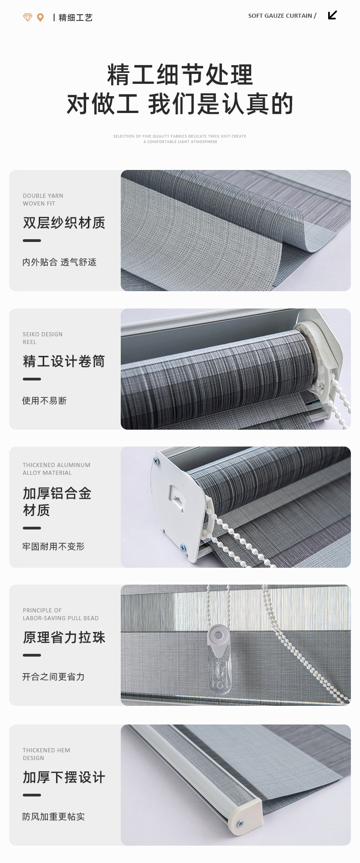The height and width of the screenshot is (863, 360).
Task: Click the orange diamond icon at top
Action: pos(28,17)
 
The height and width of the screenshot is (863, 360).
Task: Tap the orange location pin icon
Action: pos(40,17)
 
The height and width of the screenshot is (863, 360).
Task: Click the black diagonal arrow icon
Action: pos(332,15)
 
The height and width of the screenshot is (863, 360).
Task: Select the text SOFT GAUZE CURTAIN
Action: pos(280,15)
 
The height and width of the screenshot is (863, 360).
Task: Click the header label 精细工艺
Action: pos(75,18)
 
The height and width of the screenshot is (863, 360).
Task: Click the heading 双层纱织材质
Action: pos(64,223)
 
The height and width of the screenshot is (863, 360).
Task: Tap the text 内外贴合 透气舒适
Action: pos(59,262)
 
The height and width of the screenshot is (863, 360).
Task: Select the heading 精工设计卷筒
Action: pos(64,361)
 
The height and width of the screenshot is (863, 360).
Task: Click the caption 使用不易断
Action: pos(44,401)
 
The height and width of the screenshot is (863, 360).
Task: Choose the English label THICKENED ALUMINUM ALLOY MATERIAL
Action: pos(57,469)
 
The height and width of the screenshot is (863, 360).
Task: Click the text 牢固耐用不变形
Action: pos(53,546)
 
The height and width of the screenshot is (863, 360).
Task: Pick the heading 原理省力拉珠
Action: pos(64,637)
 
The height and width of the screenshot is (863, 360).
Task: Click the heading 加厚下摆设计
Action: pos(64,777)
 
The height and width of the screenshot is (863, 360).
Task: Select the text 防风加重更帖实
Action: pos(53,817)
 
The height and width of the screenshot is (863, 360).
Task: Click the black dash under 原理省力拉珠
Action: pos(32,655)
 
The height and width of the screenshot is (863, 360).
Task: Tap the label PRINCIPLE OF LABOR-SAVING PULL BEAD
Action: pos(61,614)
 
